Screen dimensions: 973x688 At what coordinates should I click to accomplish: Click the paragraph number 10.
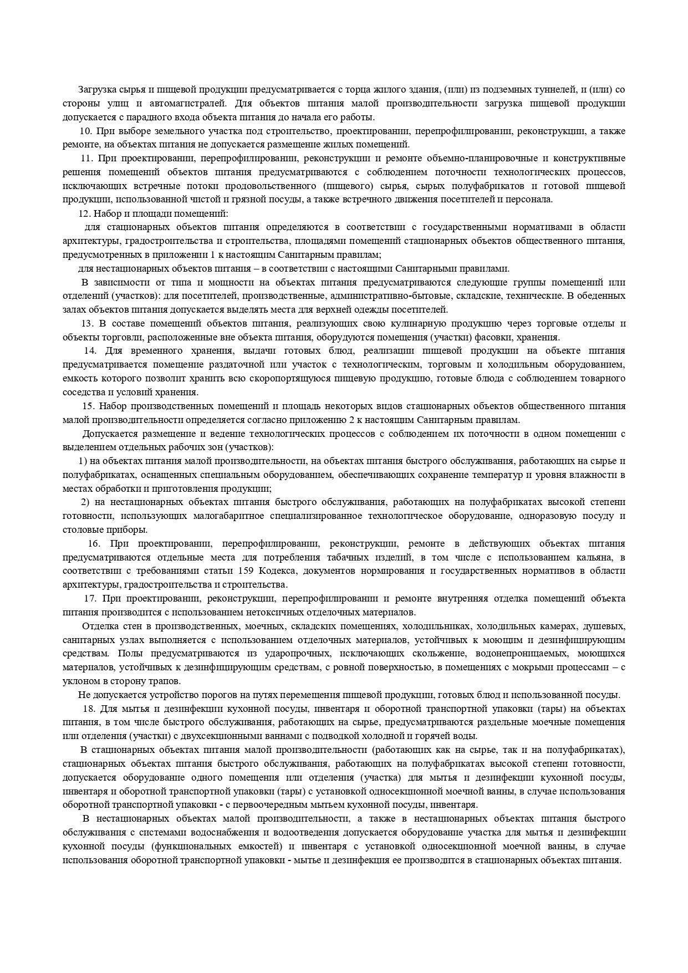(85, 131)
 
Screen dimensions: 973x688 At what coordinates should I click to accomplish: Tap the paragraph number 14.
(90, 350)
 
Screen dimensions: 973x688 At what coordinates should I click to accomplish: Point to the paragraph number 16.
(94, 543)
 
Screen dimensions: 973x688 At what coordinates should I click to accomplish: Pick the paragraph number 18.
(89, 709)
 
